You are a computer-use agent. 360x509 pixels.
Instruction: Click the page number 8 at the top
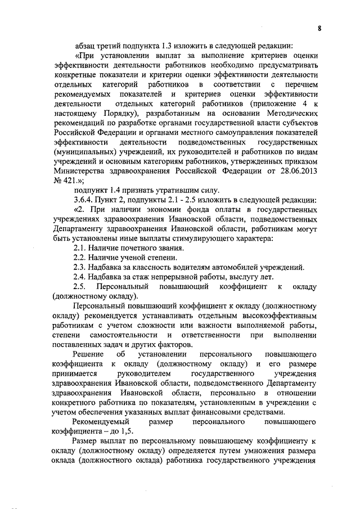tap(319, 29)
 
